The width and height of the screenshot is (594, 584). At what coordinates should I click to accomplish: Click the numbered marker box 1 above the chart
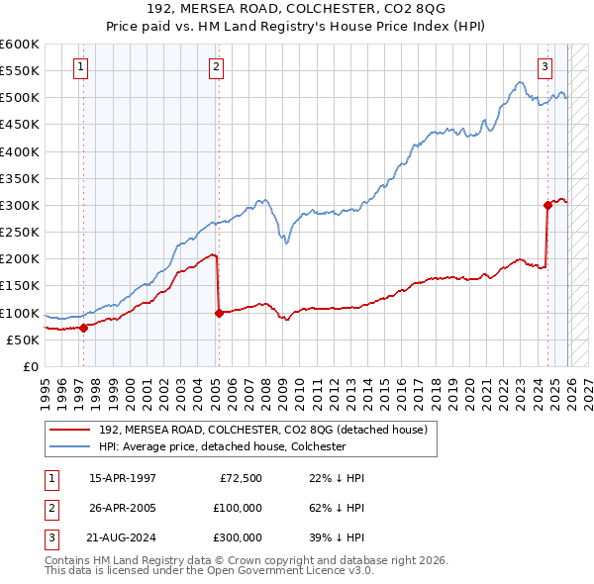[80, 67]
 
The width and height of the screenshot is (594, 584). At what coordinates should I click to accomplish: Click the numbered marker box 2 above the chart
[216, 67]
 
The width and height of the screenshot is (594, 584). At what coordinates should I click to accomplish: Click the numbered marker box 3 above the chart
[545, 67]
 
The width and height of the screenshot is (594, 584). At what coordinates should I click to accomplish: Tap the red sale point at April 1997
[83, 328]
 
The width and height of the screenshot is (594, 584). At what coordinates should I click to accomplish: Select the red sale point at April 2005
[219, 313]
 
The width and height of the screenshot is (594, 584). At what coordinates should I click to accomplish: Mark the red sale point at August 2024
[547, 206]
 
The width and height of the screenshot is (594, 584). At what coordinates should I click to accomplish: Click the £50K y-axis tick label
[23, 340]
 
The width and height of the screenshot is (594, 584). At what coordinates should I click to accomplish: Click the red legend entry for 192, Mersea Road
[262, 430]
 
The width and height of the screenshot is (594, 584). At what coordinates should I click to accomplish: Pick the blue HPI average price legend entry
[222, 446]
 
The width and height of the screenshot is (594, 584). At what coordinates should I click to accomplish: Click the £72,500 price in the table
[240, 478]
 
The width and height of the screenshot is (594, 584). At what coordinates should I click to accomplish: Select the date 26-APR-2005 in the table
[122, 507]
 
